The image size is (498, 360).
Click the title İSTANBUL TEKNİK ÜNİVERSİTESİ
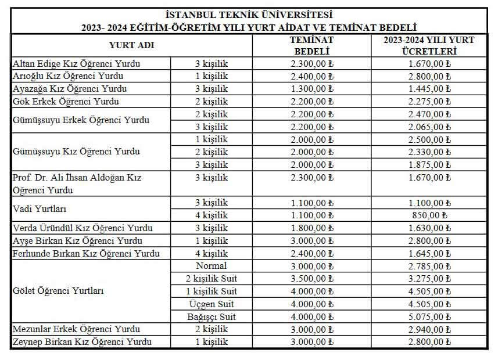pos(249,15)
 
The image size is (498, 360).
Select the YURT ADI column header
pos(131,45)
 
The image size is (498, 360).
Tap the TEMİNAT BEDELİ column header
pos(312,45)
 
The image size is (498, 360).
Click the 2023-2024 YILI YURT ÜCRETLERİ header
pos(429,45)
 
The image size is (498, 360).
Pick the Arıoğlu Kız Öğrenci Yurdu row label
pos(68,76)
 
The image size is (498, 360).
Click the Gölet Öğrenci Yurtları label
pos(58,291)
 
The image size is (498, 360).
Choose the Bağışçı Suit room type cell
pos(211,317)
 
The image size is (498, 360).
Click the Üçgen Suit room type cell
pos(211,304)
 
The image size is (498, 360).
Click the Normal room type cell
pos(211,266)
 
